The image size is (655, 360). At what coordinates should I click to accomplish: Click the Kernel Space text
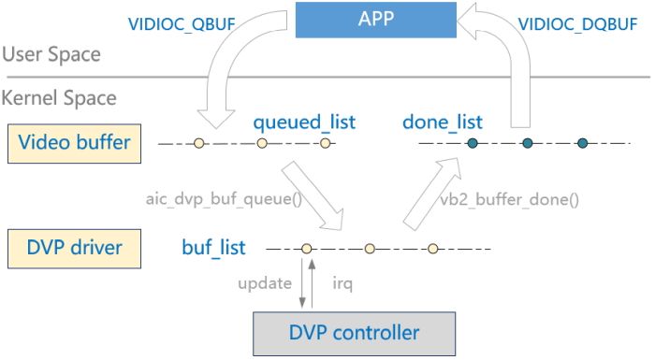[58, 98]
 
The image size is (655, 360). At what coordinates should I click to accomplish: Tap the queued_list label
[304, 122]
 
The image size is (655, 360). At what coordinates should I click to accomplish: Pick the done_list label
[443, 122]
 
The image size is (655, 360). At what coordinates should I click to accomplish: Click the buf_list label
[214, 248]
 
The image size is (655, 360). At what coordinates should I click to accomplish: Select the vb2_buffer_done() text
[510, 198]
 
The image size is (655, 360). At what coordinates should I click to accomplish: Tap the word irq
[342, 281]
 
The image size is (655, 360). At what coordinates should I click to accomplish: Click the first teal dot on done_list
[473, 143]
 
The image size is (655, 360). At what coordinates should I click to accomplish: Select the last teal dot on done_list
[582, 143]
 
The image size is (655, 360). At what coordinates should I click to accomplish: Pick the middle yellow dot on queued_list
[263, 143]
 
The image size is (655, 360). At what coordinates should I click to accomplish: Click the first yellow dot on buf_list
[306, 249]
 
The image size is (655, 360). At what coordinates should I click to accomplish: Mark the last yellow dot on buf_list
[433, 249]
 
